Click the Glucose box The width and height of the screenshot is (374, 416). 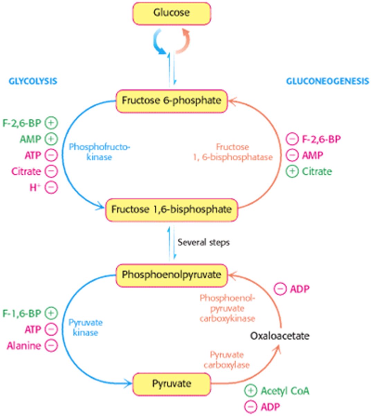click(172, 14)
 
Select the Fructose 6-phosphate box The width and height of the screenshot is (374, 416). click(172, 101)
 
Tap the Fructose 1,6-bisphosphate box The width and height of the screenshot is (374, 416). click(172, 210)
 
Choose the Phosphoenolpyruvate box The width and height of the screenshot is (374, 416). click(172, 275)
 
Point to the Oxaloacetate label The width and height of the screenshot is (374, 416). click(280, 336)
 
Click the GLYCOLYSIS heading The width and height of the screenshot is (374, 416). click(33, 81)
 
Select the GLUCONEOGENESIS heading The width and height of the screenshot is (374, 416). click(327, 81)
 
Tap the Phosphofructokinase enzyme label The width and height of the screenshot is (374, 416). click(100, 152)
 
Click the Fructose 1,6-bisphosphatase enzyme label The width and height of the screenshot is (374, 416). click(232, 152)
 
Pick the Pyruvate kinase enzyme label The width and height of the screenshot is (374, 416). click(85, 328)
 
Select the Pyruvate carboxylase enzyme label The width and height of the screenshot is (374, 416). click(227, 360)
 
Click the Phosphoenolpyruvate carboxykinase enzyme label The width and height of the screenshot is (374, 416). click(227, 308)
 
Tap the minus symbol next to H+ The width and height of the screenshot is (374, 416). click(51, 188)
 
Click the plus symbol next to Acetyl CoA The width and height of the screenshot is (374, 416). click(250, 391)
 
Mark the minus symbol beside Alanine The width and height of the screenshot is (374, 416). click(51, 346)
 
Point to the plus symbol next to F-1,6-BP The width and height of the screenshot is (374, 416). click(51, 313)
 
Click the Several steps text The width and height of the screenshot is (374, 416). click(203, 242)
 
